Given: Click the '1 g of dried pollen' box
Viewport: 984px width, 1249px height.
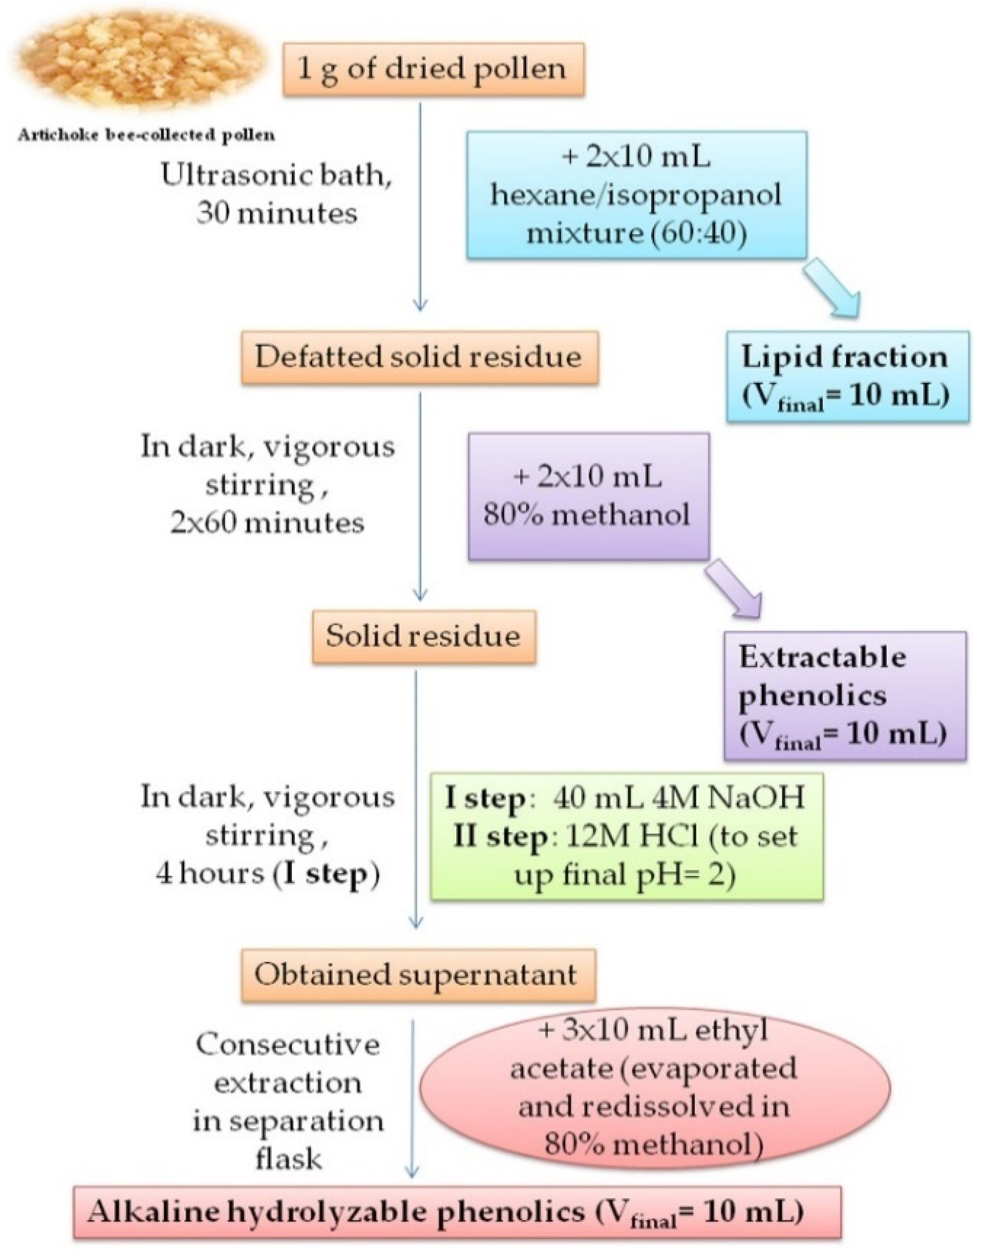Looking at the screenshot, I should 433,70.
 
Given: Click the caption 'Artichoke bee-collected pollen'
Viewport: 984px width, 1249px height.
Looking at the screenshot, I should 147,136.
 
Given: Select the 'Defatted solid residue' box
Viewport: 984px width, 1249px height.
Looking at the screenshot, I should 418,357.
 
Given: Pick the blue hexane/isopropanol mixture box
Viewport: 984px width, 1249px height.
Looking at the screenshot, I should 636,196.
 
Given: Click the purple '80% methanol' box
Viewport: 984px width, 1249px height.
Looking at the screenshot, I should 588,496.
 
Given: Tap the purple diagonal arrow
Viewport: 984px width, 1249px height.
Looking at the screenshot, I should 733,589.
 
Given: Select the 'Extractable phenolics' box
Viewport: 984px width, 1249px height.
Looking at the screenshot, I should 844,696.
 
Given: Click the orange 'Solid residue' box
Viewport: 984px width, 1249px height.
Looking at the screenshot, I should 424,636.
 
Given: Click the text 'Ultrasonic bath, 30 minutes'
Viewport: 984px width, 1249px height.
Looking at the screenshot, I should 277,194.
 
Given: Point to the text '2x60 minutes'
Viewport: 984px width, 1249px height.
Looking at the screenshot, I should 268,523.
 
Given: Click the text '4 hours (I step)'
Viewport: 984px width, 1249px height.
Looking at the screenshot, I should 268,875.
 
